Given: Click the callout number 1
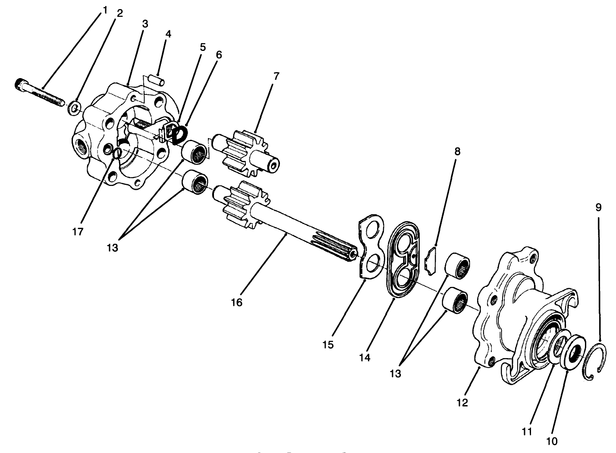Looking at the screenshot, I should point(104,10).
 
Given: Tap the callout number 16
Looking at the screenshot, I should point(236,302).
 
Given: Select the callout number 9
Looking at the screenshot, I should point(598,207).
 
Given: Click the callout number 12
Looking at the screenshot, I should point(462,403).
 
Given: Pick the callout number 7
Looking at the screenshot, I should point(276,76).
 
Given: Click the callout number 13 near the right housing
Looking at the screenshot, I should point(396,374).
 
